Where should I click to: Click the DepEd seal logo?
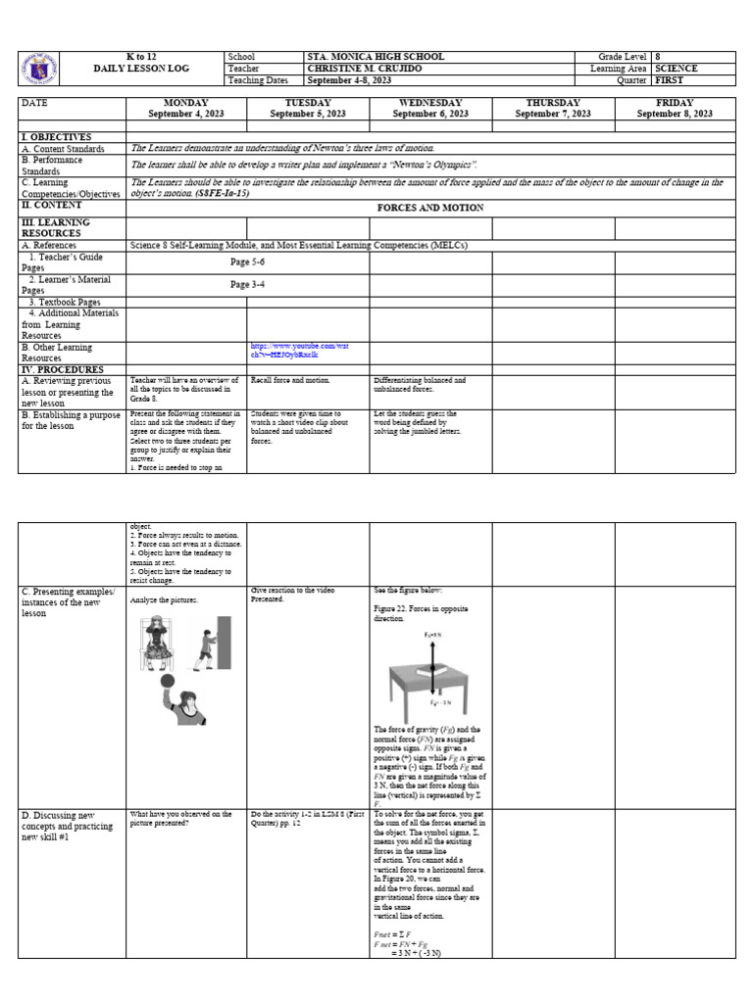pyautogui.click(x=37, y=69)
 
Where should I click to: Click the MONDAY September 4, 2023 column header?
pyautogui.click(x=185, y=108)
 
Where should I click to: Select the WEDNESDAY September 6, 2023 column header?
pyautogui.click(x=429, y=108)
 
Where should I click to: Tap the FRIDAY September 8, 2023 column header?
pyautogui.click(x=675, y=108)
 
